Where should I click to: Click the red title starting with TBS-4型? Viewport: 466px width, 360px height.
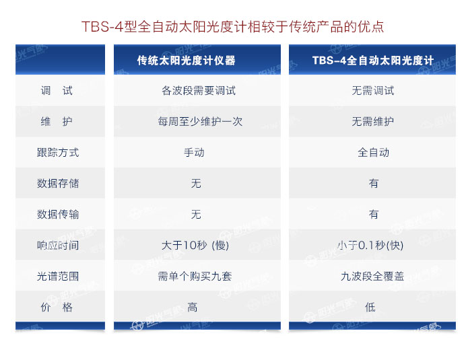pyautogui.click(x=232, y=27)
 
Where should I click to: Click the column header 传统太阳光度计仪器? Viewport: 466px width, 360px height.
pyautogui.click(x=186, y=61)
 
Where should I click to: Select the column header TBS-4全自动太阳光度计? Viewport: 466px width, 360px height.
pyautogui.click(x=372, y=61)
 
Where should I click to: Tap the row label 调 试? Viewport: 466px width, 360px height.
pyautogui.click(x=57, y=91)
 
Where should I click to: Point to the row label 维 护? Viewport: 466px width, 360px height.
pyautogui.click(x=57, y=122)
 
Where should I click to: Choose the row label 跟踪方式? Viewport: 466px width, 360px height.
pyautogui.click(x=58, y=153)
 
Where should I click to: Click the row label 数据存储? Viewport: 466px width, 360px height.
pyautogui.click(x=58, y=184)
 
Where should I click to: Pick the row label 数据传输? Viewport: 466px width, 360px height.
pyautogui.click(x=58, y=215)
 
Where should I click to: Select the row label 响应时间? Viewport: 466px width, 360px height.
pyautogui.click(x=58, y=246)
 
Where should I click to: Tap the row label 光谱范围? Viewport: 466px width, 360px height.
pyautogui.click(x=58, y=277)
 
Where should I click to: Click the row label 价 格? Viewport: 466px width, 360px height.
pyautogui.click(x=57, y=307)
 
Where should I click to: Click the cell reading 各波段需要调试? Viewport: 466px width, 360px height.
pyautogui.click(x=199, y=91)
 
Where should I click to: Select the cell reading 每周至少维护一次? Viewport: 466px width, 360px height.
pyautogui.click(x=200, y=122)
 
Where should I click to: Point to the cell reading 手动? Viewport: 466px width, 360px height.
pyautogui.click(x=194, y=153)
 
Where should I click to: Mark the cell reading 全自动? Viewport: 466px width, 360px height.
pyautogui.click(x=373, y=153)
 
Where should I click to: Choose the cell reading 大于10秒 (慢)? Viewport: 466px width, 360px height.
pyautogui.click(x=195, y=246)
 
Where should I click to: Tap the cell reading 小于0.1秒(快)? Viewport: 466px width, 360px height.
pyautogui.click(x=370, y=246)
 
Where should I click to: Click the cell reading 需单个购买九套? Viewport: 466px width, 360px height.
pyautogui.click(x=195, y=277)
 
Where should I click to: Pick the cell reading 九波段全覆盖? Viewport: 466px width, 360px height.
pyautogui.click(x=372, y=277)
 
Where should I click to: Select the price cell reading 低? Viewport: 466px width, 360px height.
pyautogui.click(x=370, y=307)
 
